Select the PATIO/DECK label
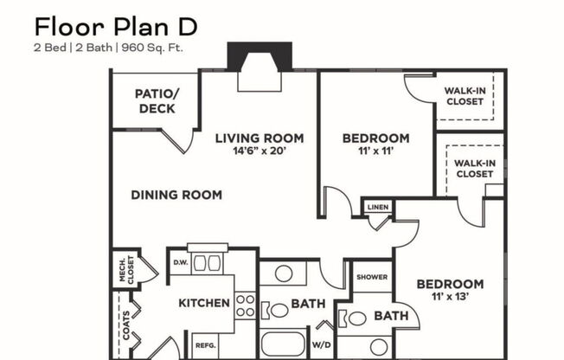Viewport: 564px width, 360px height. [x=157, y=101]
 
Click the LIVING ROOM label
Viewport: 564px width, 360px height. [x=260, y=138]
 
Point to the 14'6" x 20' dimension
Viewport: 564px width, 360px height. [x=260, y=151]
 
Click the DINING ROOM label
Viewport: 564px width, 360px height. [x=176, y=195]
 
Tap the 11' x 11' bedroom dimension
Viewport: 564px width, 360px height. [x=375, y=151]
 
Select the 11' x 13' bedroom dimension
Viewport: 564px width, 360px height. [x=450, y=297]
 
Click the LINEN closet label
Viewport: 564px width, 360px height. [x=377, y=208]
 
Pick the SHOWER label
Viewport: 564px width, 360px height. [x=372, y=277]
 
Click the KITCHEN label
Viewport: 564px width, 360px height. [x=204, y=303]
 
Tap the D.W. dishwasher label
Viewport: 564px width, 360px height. [x=181, y=262]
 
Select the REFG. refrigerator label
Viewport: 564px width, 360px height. [x=205, y=344]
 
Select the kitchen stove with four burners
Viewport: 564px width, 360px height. [x=246, y=305]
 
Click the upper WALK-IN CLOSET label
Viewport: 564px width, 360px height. [x=465, y=95]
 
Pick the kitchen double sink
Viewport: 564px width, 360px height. [x=208, y=262]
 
